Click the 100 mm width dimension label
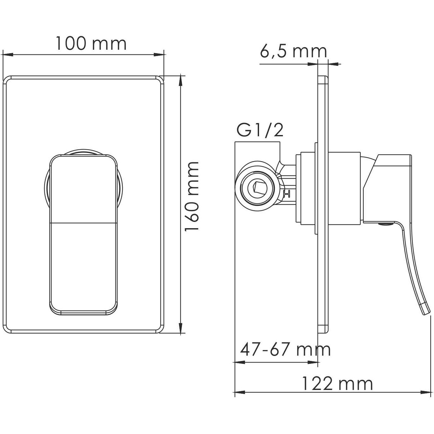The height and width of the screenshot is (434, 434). click(x=91, y=43)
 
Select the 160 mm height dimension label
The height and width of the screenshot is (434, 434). click(x=192, y=197)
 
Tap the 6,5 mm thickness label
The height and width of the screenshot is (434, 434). click(x=293, y=51)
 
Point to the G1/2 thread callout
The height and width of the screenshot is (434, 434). click(x=260, y=131)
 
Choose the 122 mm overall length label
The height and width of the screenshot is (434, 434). click(x=337, y=384)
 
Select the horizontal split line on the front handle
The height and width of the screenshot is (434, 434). click(x=84, y=223)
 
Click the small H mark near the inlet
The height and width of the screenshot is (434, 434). click(x=286, y=194)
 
